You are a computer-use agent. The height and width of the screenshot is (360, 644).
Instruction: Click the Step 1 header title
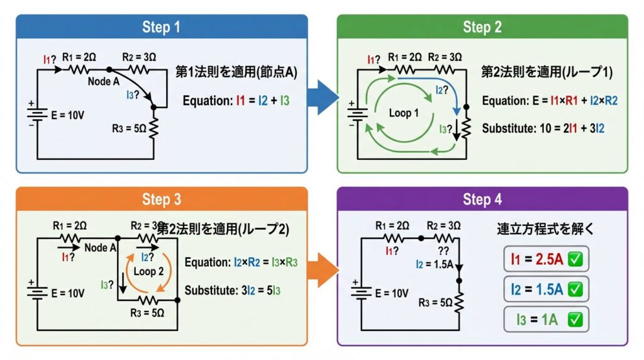162,27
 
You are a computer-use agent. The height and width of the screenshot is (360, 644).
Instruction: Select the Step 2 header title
482,27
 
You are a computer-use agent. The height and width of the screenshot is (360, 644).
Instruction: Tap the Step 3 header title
162,200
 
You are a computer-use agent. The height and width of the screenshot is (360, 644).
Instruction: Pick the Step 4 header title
482,200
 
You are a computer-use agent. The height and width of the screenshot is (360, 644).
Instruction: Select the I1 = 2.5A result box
546,258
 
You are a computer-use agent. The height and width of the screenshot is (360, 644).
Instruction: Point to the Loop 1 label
404,113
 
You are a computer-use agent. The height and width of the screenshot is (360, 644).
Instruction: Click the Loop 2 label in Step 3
148,271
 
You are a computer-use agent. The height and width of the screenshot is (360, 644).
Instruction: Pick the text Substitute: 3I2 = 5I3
233,291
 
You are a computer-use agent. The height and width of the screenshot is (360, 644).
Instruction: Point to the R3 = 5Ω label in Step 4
435,302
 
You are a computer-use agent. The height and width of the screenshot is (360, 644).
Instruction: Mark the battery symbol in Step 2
358,114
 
